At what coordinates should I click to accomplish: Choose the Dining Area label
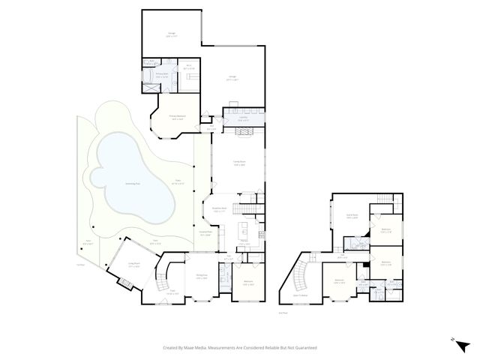tap(201, 277)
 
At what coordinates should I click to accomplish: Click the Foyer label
tap(172, 293)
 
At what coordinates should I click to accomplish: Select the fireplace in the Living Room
tap(124, 283)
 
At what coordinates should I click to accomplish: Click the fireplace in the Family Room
tap(244, 133)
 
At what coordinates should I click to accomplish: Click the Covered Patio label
tap(208, 233)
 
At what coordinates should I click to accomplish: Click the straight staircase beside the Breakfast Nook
tap(246, 208)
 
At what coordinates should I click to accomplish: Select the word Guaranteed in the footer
tap(302, 347)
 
